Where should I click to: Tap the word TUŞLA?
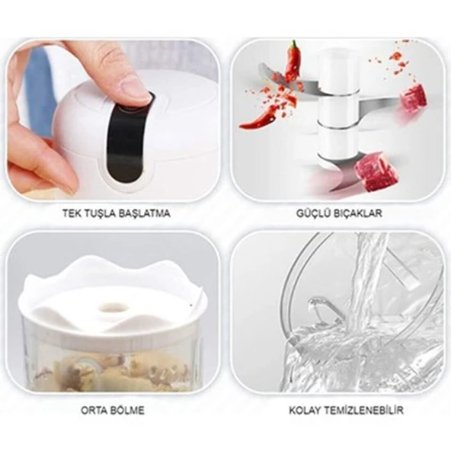click(x=100, y=213)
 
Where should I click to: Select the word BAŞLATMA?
click(x=145, y=213)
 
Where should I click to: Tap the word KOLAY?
click(x=304, y=411)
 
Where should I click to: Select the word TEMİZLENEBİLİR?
click(x=363, y=411)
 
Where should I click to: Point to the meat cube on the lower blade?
click(x=376, y=172)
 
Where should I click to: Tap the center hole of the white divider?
click(x=114, y=309)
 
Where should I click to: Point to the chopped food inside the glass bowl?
click(x=114, y=373)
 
